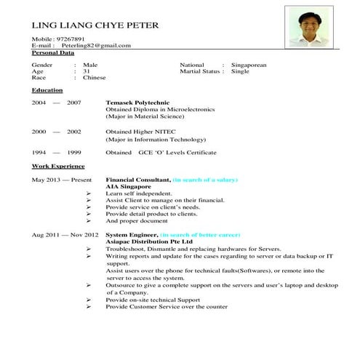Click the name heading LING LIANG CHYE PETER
point(95,25)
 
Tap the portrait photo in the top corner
point(306,27)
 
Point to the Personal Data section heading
point(53,52)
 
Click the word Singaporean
point(249,65)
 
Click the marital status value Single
point(240,71)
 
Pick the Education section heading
point(47,90)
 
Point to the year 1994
point(39,152)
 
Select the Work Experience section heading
point(57,165)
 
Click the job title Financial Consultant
point(137,178)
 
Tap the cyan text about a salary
point(205,178)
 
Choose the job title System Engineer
point(132,236)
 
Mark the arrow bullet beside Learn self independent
point(88,193)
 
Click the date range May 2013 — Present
point(62,178)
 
